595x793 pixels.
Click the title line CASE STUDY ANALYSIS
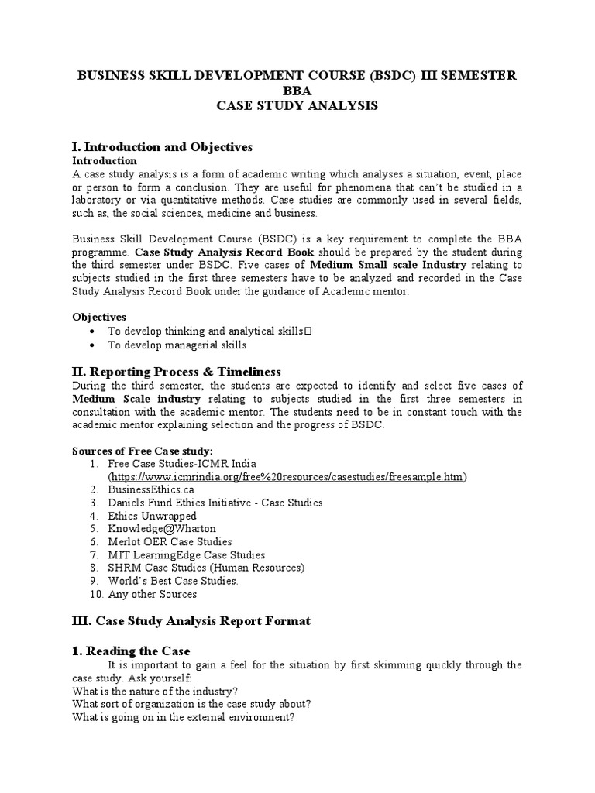pyautogui.click(x=297, y=105)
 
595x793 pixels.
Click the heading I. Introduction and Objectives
pyautogui.click(x=162, y=147)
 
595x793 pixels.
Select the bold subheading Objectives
pyautogui.click(x=99, y=317)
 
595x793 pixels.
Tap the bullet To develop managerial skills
pyautogui.click(x=177, y=345)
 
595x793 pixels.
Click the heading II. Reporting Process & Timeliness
pyautogui.click(x=176, y=372)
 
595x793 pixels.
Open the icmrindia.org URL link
pyautogui.click(x=287, y=476)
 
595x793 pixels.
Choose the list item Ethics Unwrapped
pyautogui.click(x=152, y=516)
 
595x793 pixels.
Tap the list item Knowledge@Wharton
pyautogui.click(x=163, y=529)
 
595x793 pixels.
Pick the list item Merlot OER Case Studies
pyautogui.click(x=170, y=542)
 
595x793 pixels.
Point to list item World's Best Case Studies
pyautogui.click(x=174, y=581)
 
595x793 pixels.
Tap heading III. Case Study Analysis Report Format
pyautogui.click(x=191, y=620)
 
